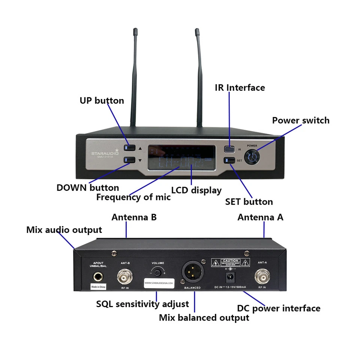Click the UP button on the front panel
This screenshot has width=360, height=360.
point(130,148)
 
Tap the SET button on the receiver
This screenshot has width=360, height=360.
point(229,160)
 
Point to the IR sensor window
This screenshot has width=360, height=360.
point(229,149)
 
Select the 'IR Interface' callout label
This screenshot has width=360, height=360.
point(240,88)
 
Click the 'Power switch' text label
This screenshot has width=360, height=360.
point(300,120)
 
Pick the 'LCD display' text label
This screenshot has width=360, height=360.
point(196,190)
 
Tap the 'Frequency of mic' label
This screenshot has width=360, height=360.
point(133,197)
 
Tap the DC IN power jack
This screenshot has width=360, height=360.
point(229,278)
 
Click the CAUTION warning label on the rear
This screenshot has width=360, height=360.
point(230,262)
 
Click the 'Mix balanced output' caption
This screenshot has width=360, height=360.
point(204,318)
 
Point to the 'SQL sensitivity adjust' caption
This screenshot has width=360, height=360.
point(142,304)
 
